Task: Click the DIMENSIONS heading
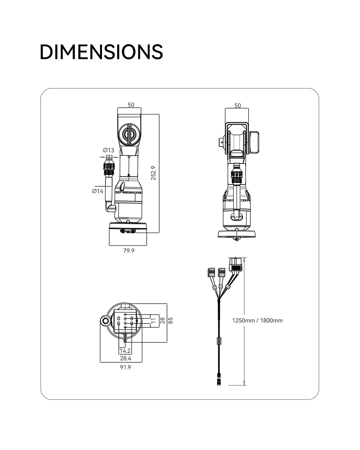pos(101,52)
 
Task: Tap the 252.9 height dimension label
pos(153,173)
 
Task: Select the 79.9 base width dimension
pos(129,250)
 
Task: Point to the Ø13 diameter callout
pos(109,150)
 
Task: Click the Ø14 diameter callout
pos(97,191)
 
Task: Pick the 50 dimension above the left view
pos(131,105)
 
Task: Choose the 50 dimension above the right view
pos(237,105)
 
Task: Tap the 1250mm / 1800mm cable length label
pos(257,321)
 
